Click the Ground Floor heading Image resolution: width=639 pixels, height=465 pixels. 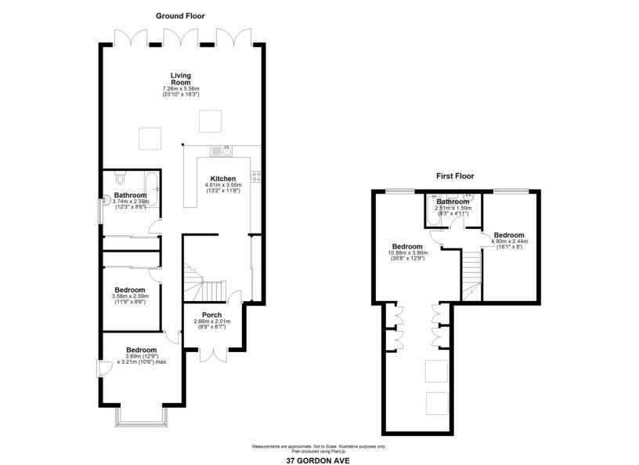pyautogui.click(x=180, y=16)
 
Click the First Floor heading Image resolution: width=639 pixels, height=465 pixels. pyautogui.click(x=455, y=176)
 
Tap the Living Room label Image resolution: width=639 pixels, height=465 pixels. pyautogui.click(x=181, y=78)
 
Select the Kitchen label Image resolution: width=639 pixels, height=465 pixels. pyautogui.click(x=223, y=179)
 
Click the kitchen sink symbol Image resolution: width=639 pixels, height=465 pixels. pyautogui.click(x=222, y=151)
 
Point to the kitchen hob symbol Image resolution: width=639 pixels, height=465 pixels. pyautogui.click(x=256, y=176)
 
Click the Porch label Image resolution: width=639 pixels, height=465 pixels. pyautogui.click(x=212, y=314)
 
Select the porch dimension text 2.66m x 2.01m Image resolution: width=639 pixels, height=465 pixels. pyautogui.click(x=212, y=322)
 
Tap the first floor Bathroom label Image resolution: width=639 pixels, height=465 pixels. pyautogui.click(x=453, y=202)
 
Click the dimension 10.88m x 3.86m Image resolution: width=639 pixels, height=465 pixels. pyautogui.click(x=407, y=252)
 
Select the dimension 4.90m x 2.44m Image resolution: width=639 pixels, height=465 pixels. pyautogui.click(x=510, y=242)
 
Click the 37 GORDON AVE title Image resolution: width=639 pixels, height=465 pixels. pyautogui.click(x=318, y=461)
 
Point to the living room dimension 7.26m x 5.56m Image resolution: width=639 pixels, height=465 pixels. pyautogui.click(x=181, y=89)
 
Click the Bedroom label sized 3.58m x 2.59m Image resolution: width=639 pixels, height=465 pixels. pyautogui.click(x=129, y=290)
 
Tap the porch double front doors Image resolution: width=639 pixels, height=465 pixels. pyautogui.click(x=214, y=354)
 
